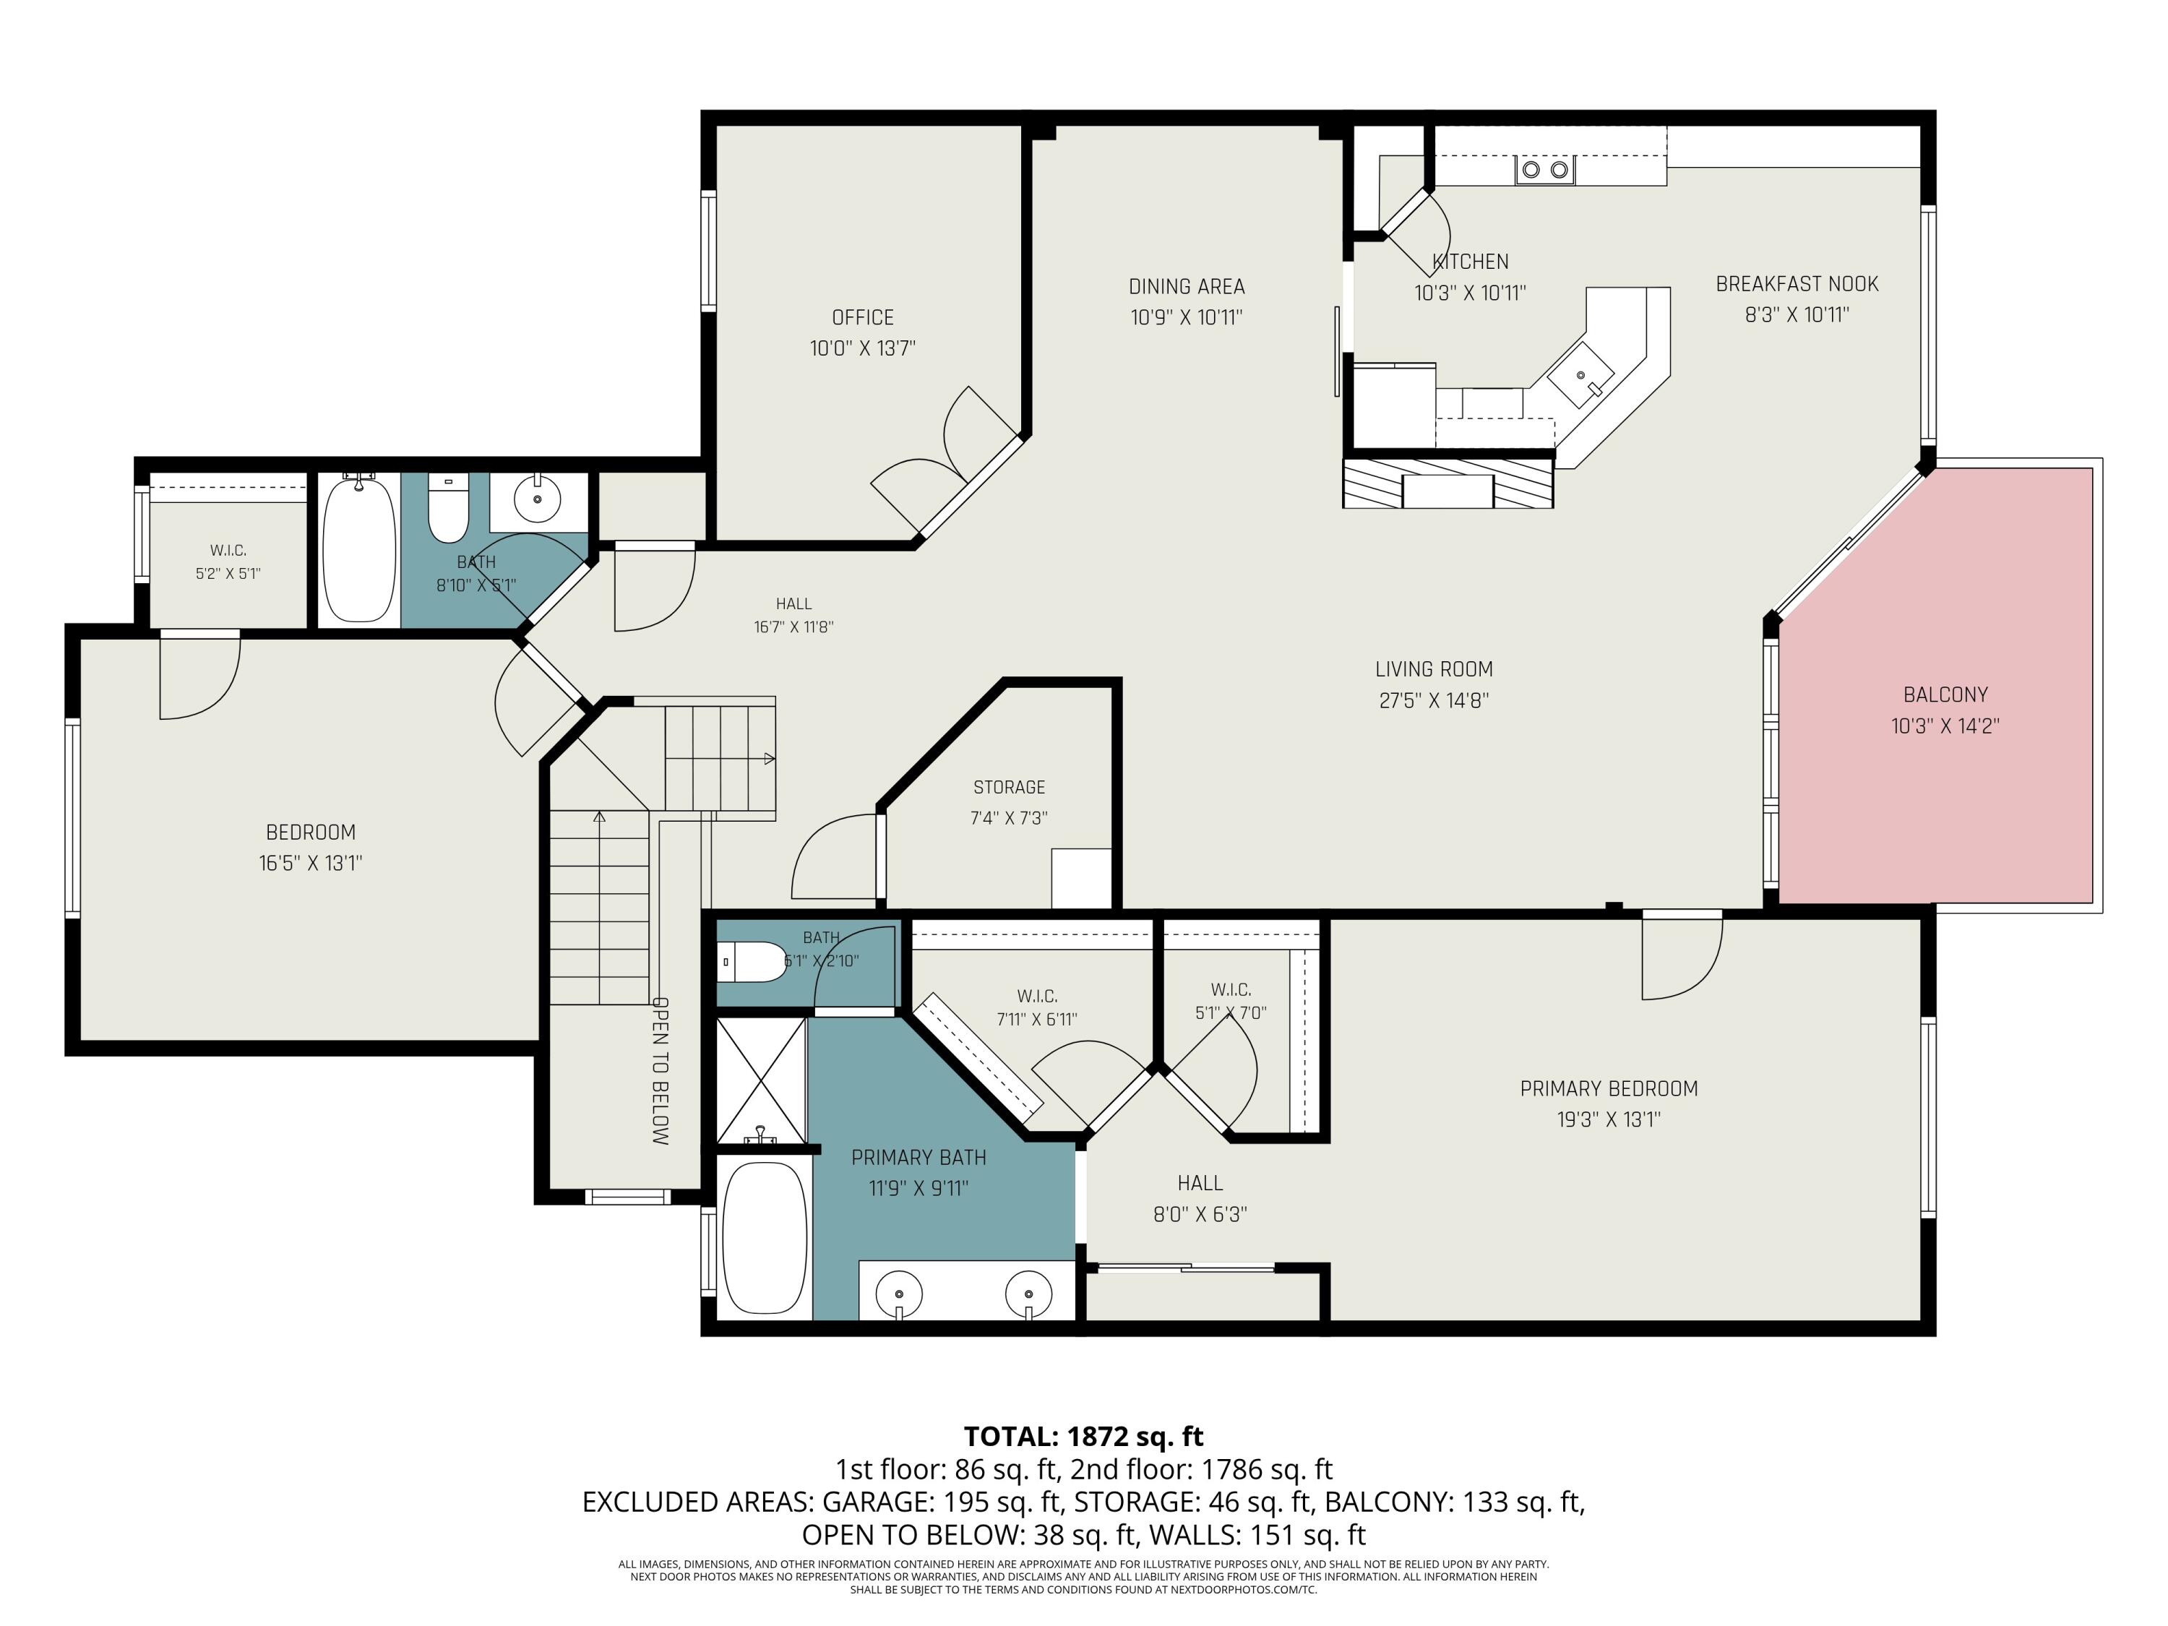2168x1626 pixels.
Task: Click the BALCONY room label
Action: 1945,695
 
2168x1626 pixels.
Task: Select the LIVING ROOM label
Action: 1434,669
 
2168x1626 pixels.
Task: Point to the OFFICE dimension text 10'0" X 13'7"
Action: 862,348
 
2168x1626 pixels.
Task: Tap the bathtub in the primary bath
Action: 765,1238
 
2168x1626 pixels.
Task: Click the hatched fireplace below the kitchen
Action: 1448,484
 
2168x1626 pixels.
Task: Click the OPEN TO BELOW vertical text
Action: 661,1071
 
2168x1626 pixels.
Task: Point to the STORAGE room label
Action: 1009,787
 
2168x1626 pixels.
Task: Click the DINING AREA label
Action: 1186,286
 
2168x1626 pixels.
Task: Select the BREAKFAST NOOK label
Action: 1797,284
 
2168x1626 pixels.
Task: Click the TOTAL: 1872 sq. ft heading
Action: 1083,1436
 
